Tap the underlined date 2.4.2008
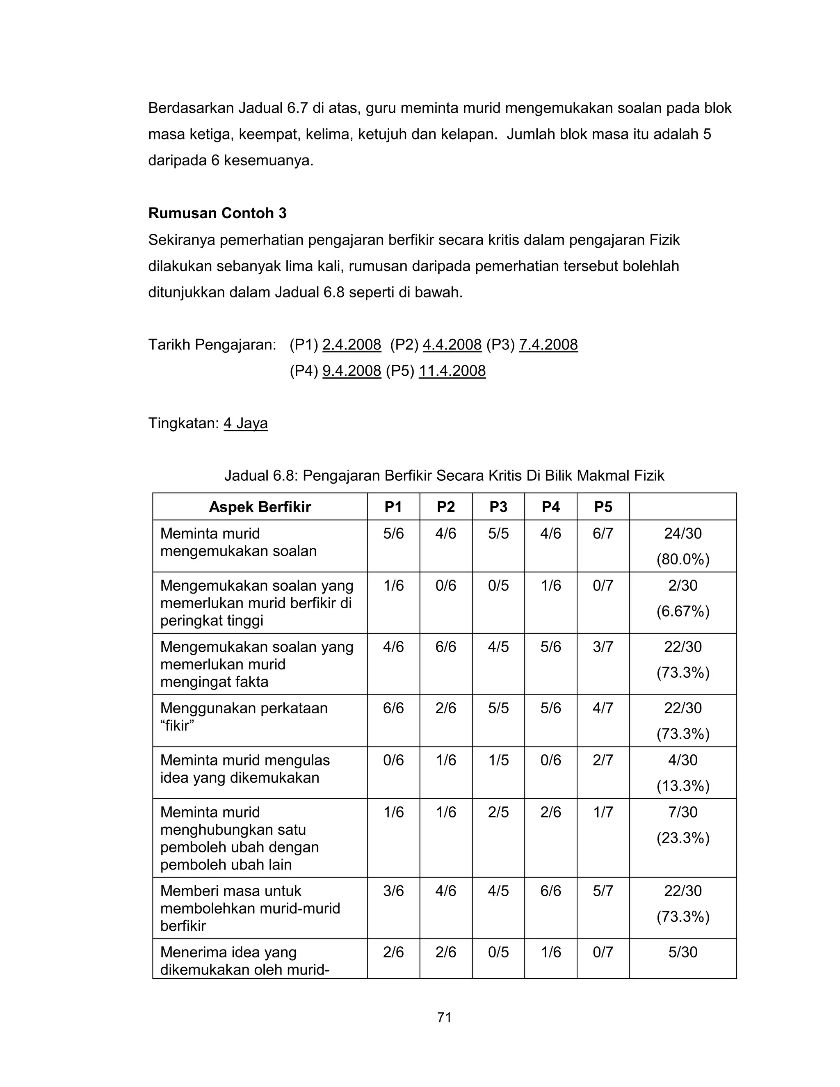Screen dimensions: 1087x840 pyautogui.click(x=352, y=345)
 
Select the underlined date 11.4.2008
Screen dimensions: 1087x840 pyautogui.click(x=452, y=371)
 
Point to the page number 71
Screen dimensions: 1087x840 pyautogui.click(x=444, y=1017)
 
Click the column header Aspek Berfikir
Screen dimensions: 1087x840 pyautogui.click(x=259, y=507)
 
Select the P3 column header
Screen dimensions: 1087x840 pyautogui.click(x=498, y=507)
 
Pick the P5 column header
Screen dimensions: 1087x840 pyautogui.click(x=603, y=507)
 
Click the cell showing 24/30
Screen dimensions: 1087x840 pyautogui.click(x=683, y=534)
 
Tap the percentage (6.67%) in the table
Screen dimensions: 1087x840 pyautogui.click(x=683, y=611)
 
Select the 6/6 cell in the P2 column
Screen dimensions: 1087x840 pyautogui.click(x=445, y=646)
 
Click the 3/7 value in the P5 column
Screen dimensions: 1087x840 pyautogui.click(x=603, y=646)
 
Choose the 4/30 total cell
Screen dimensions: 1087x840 pyautogui.click(x=683, y=760)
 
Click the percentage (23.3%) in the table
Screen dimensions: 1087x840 pyautogui.click(x=683, y=838)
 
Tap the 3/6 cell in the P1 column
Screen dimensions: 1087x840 pyautogui.click(x=393, y=891)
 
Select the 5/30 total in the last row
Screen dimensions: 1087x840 pyautogui.click(x=683, y=952)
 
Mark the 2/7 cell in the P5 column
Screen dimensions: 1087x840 pyautogui.click(x=603, y=760)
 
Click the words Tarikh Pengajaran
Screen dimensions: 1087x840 pyautogui.click(x=212, y=345)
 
